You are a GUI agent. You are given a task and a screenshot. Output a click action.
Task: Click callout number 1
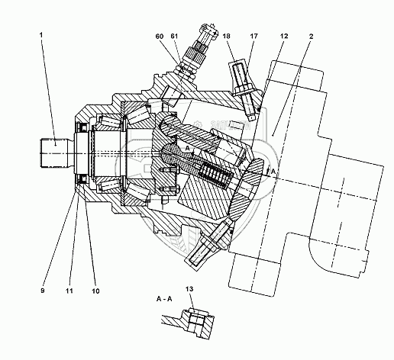pos(41,35)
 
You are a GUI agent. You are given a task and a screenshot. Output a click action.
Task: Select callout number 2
pos(311,36)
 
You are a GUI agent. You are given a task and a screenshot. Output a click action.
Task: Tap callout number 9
pos(43,291)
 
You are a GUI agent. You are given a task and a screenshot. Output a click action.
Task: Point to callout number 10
pos(95,291)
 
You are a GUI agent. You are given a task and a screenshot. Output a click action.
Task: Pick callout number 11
pos(69,291)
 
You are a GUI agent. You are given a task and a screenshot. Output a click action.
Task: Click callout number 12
pos(284,36)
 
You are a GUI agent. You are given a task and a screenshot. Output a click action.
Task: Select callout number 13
pos(189,289)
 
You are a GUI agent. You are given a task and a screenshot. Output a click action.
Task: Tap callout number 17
pos(254,36)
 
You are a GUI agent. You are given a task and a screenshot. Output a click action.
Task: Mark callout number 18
pos(226,36)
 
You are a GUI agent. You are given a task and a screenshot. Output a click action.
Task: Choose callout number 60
pos(160,36)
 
